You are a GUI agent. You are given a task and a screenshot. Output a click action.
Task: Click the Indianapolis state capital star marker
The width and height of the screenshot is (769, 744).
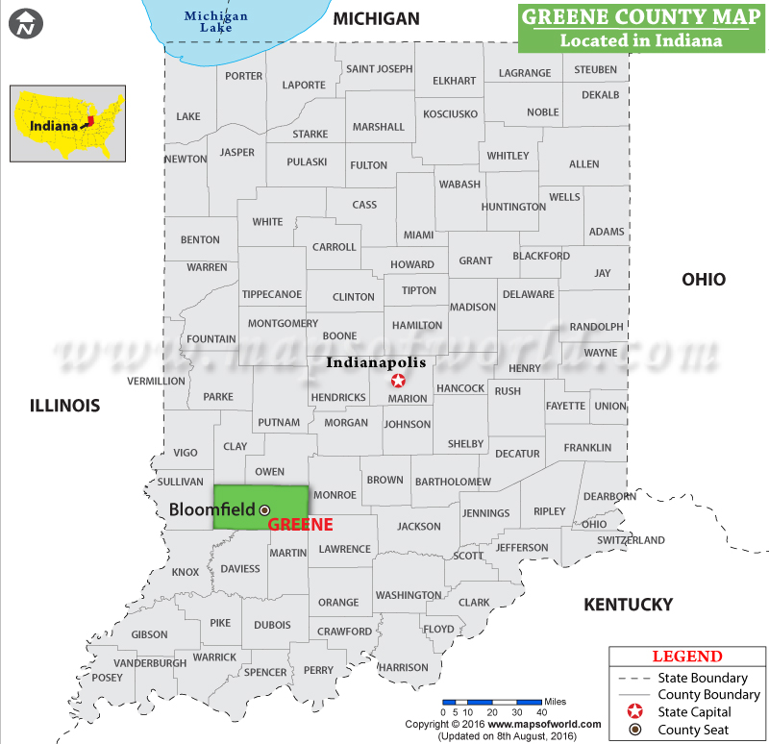pos(399,381)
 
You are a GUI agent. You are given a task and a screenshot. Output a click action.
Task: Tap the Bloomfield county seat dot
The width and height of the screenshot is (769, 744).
pos(265,510)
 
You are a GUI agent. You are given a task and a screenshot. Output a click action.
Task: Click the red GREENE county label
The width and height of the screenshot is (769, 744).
pos(300,525)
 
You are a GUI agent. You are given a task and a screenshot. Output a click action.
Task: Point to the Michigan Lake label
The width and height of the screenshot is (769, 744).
pos(216,22)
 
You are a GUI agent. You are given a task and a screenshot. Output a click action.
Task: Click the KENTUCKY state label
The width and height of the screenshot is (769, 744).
pos(629,605)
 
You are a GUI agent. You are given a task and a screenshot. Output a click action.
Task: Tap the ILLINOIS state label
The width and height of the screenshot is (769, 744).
pos(64,406)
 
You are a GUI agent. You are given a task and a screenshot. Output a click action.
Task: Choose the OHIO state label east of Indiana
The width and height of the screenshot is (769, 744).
pos(704,280)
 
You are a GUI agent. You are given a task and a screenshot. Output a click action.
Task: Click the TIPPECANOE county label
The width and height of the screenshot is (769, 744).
pos(272,294)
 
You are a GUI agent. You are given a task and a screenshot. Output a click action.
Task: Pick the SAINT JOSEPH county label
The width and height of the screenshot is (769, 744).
pos(379,69)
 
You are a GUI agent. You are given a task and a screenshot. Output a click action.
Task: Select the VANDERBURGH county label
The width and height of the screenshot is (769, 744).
pos(150,663)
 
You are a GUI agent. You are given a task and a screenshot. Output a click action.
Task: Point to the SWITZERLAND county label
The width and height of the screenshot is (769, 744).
pos(631,540)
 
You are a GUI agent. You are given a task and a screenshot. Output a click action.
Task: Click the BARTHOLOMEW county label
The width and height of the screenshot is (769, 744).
pos(452,482)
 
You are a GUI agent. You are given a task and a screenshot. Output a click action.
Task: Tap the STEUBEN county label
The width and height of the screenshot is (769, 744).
pos(596,70)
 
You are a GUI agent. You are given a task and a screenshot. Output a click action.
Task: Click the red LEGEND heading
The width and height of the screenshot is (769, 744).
pos(686,657)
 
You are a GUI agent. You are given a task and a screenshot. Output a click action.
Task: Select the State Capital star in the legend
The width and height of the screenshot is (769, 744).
pos(635,712)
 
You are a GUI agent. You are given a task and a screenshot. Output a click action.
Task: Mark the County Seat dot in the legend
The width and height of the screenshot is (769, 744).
pos(635,731)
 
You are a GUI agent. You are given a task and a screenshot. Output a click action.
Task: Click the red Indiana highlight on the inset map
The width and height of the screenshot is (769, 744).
pos(89,122)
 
